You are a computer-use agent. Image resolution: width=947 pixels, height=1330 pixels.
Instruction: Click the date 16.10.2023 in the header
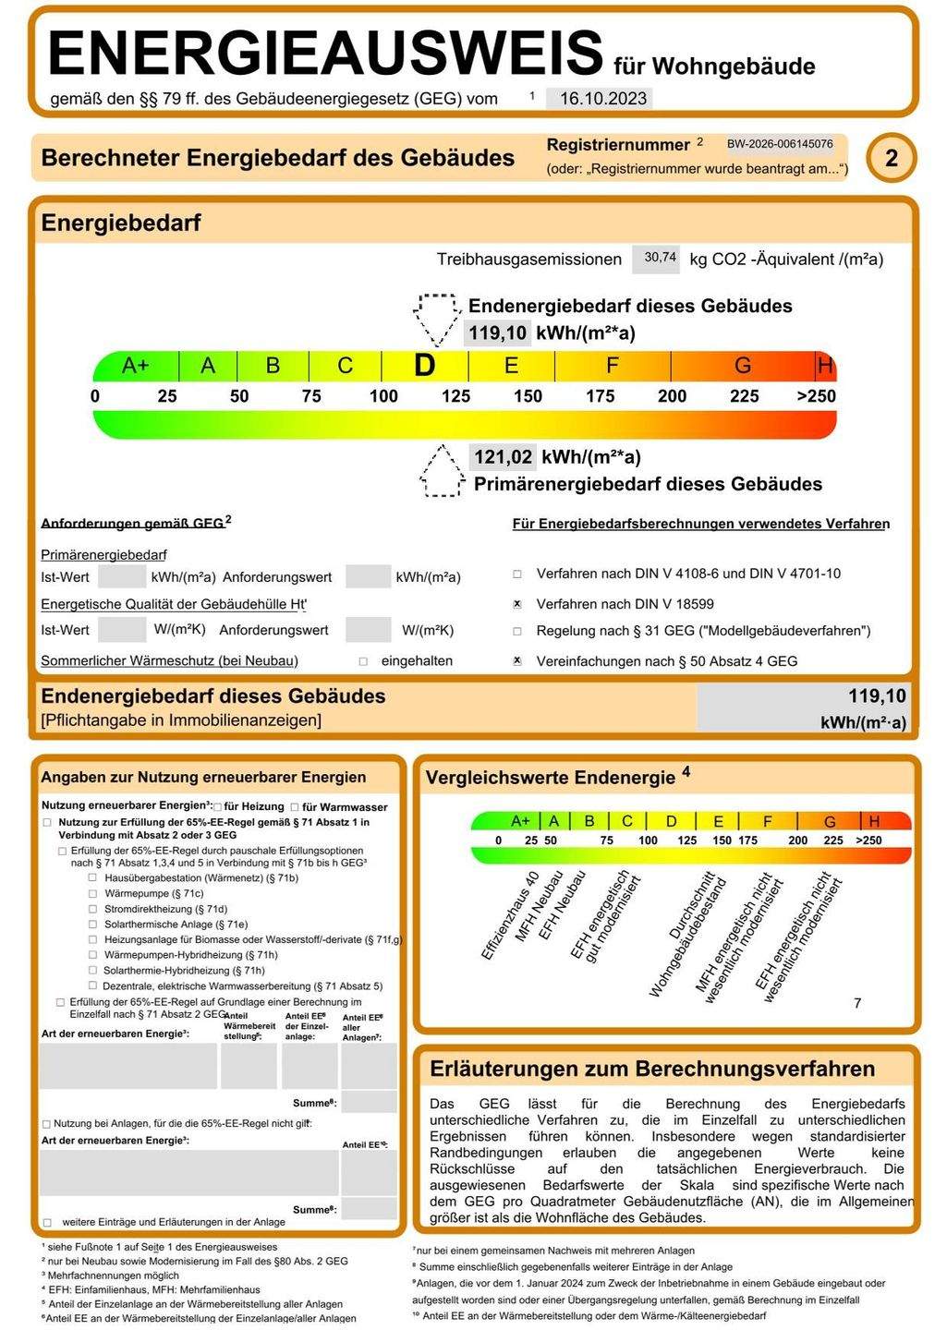pyautogui.click(x=602, y=99)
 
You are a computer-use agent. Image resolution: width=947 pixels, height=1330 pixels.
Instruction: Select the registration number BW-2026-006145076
pyautogui.click(x=780, y=144)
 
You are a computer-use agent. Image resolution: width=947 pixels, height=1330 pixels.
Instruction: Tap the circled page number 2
pyautogui.click(x=891, y=158)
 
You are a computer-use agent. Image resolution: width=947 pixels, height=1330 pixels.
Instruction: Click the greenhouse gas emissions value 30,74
pyautogui.click(x=660, y=258)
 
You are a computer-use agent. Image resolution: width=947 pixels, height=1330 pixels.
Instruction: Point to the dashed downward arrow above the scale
pyautogui.click(x=437, y=318)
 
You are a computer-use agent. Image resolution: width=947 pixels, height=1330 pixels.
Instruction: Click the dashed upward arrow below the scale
pyautogui.click(x=442, y=471)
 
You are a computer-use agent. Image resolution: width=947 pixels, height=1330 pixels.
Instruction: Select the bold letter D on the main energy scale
pyautogui.click(x=424, y=366)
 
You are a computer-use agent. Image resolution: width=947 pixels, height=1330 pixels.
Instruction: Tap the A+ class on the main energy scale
pyautogui.click(x=135, y=366)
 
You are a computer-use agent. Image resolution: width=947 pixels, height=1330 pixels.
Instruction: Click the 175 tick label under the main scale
pyautogui.click(x=600, y=396)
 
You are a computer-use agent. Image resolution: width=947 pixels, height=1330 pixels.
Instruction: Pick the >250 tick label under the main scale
pyautogui.click(x=816, y=396)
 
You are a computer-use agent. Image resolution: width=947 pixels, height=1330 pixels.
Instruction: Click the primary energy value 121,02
pyautogui.click(x=503, y=456)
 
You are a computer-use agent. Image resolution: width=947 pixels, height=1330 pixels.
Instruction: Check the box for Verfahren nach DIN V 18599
pyautogui.click(x=517, y=604)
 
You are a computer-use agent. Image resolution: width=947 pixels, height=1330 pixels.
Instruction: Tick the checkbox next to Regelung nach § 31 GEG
pyautogui.click(x=517, y=632)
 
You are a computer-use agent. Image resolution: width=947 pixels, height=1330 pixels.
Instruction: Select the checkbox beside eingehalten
pyautogui.click(x=363, y=661)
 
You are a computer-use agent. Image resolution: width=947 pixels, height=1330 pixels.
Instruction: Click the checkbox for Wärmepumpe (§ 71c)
pyautogui.click(x=92, y=893)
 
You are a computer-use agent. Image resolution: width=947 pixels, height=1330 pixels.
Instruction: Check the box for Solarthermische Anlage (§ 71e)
pyautogui.click(x=92, y=924)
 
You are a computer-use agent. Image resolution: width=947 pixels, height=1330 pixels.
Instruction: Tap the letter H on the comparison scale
pyautogui.click(x=874, y=821)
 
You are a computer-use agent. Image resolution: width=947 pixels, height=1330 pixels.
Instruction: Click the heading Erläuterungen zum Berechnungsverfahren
pyautogui.click(x=652, y=1069)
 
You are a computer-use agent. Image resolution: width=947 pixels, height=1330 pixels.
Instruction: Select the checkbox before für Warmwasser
pyautogui.click(x=295, y=807)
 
